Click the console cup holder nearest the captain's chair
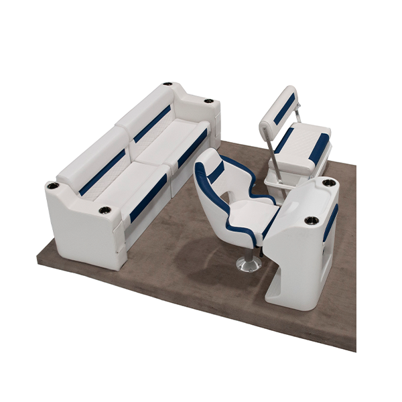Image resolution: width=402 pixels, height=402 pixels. pos(310,220)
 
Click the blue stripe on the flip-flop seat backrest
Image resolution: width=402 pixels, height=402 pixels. pos(284,109)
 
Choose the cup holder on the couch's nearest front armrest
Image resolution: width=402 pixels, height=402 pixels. pos(104,210)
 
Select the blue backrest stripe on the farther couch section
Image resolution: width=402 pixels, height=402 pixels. pos(152,125)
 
